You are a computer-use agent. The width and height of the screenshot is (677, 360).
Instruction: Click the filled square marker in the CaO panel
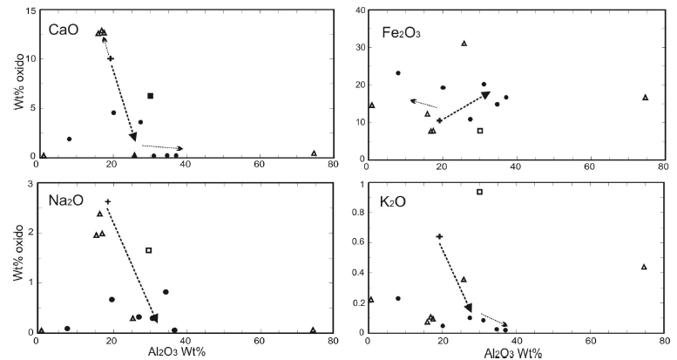(x=151, y=96)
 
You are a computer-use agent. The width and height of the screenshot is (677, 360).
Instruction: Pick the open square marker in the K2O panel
(x=479, y=191)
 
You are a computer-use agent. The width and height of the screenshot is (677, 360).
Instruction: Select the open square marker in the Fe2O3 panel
(x=479, y=131)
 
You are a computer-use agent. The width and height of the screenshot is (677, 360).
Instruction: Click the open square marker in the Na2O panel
(x=149, y=250)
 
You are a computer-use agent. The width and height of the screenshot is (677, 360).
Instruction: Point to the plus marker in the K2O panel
(x=439, y=236)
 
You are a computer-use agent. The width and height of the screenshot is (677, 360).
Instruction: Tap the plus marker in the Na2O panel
(x=108, y=201)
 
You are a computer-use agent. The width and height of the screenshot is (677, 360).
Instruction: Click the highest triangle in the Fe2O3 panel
(x=464, y=43)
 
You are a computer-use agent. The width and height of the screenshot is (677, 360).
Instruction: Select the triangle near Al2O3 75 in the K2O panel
(x=644, y=267)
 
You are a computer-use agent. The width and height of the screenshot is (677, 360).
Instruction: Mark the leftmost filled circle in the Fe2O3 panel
(x=398, y=73)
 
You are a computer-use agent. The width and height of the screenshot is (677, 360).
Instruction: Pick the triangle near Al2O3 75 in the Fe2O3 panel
(x=646, y=98)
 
